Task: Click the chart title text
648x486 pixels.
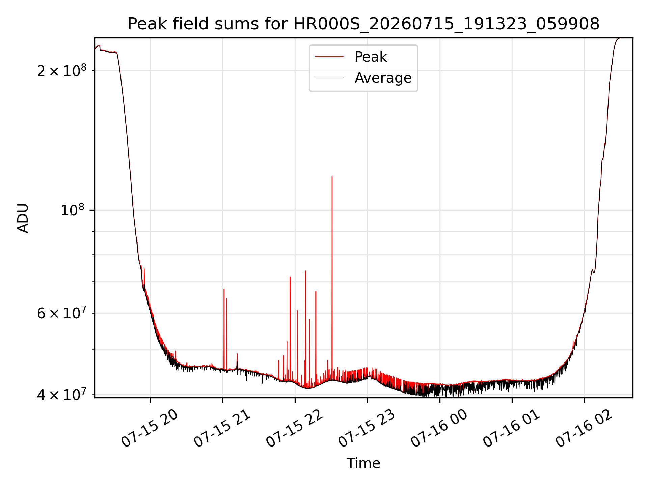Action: tap(363, 24)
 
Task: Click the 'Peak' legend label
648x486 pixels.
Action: tap(371, 57)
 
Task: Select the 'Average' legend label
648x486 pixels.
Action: tap(383, 78)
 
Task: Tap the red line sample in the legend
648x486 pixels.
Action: tap(329, 57)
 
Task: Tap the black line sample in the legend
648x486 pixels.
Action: tap(329, 78)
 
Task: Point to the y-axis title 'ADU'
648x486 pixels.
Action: tap(23, 218)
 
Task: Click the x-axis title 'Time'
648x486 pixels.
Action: tap(363, 463)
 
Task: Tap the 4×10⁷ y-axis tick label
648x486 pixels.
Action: tap(62, 394)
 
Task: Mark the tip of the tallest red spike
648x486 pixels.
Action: tap(332, 176)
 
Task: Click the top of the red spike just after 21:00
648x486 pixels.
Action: tap(224, 289)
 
